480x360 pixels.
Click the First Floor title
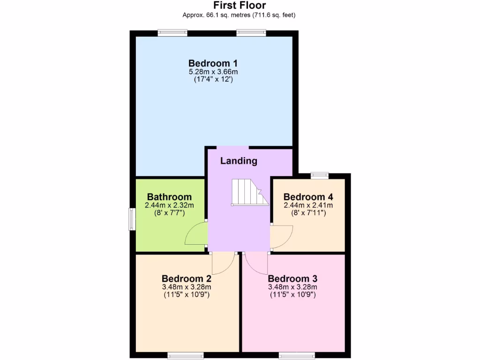point(240,6)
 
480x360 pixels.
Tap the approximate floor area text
point(240,15)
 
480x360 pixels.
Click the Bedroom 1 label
point(213,63)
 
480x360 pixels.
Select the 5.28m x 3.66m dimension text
point(213,72)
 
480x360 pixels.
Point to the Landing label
point(239,161)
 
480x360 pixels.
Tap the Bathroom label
point(169,197)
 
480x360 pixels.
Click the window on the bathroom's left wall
point(132,219)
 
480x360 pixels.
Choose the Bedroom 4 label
point(308,197)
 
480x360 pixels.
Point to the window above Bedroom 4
point(319,175)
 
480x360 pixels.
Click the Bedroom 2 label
point(186,278)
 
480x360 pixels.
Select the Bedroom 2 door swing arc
point(223,263)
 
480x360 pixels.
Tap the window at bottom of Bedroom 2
point(186,356)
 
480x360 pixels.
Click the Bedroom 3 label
point(292,278)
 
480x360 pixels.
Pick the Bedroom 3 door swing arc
point(256,263)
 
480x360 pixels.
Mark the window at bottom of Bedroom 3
point(297,356)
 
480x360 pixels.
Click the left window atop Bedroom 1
point(172,33)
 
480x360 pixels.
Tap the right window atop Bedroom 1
point(251,33)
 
